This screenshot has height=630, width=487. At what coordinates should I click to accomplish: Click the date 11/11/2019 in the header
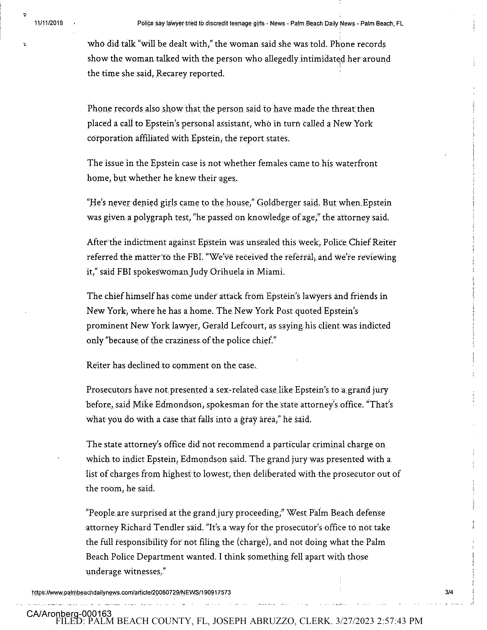pos(48,23)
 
